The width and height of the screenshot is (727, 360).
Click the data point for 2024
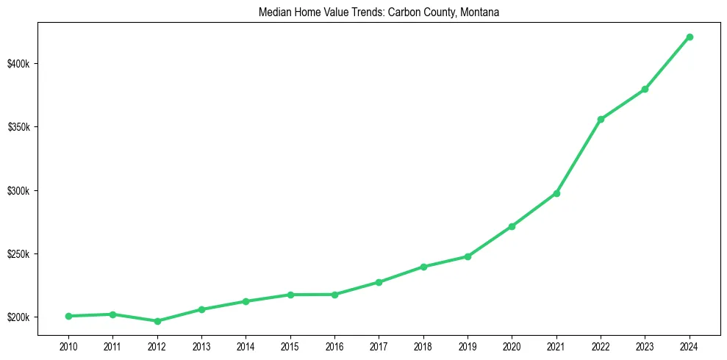(690, 37)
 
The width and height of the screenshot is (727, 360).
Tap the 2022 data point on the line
(601, 119)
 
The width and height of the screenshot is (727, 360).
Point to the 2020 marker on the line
(512, 226)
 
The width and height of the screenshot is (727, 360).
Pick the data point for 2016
(334, 295)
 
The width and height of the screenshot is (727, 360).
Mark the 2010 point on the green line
(68, 316)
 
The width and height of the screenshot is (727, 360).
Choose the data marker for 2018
(423, 267)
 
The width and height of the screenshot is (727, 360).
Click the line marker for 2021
(556, 193)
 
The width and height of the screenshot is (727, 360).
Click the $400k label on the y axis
(19, 64)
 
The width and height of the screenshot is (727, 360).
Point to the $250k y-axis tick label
(19, 254)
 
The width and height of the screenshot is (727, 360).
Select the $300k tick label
(19, 191)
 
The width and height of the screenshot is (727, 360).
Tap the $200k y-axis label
(19, 317)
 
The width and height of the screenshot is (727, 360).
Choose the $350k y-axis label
(19, 127)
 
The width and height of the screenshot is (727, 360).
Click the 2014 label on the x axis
(246, 345)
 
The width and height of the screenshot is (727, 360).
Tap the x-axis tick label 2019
(468, 345)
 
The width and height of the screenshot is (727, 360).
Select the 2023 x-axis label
(645, 345)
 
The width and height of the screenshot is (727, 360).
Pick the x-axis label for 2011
(112, 345)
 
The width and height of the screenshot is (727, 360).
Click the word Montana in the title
(481, 12)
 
